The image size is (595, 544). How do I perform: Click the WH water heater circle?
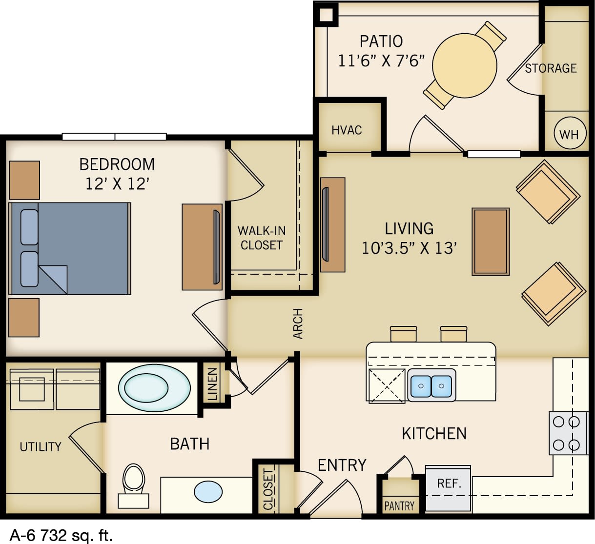(x=569, y=134)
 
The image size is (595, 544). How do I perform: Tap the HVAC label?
(x=347, y=130)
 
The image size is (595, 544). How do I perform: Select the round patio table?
(x=464, y=65)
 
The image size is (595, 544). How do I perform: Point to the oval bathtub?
(x=154, y=388)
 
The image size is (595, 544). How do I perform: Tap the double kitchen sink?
(x=431, y=386)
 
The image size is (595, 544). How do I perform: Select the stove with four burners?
(x=568, y=433)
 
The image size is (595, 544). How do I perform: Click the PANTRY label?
(x=399, y=506)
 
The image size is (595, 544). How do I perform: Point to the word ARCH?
(x=298, y=323)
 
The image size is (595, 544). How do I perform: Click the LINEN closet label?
(x=212, y=384)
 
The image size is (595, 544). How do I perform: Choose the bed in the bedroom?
(x=70, y=249)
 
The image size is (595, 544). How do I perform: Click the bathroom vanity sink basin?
(x=208, y=492)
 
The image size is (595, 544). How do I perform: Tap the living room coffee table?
(x=491, y=242)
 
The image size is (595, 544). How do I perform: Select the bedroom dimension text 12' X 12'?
(x=117, y=184)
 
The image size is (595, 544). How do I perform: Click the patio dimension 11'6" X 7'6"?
(x=381, y=61)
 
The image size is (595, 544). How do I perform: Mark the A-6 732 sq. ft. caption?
(x=61, y=535)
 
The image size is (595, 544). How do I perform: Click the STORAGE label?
(x=551, y=68)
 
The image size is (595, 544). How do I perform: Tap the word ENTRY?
(x=342, y=465)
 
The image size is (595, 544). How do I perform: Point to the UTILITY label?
(x=41, y=446)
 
